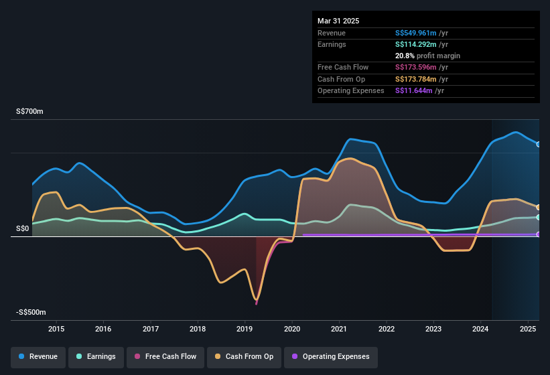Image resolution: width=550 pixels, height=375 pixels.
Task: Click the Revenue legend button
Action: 39,356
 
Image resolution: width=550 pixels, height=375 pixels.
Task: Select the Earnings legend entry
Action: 96,356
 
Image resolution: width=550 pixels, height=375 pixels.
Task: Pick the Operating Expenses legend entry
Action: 331,356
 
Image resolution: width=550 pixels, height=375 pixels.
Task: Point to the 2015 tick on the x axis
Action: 56,329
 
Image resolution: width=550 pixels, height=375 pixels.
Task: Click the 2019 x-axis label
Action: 245,329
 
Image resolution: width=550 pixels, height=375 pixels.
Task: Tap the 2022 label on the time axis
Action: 386,329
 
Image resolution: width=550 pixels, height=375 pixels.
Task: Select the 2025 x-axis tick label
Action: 527,329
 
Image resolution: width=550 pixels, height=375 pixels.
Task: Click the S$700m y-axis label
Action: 29,112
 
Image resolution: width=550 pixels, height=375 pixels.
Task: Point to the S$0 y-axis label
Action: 23,228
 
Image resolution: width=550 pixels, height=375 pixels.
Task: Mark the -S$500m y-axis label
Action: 31,313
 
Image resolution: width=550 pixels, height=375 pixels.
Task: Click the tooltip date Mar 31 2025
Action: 338,21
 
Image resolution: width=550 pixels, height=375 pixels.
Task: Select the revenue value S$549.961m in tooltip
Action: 416,32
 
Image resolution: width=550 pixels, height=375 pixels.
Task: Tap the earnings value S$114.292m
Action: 416,44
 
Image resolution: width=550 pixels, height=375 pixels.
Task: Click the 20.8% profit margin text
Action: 427,56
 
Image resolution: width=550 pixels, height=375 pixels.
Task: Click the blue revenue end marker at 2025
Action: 539,144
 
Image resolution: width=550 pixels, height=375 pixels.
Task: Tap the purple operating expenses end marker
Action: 539,234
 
